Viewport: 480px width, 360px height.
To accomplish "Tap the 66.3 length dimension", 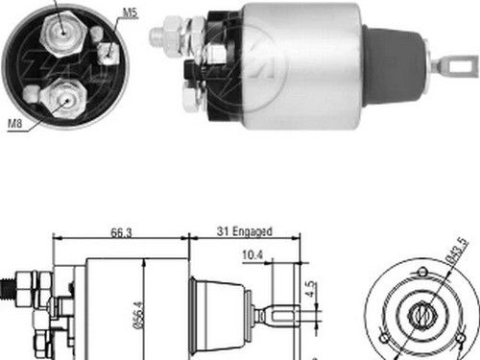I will point(120,231).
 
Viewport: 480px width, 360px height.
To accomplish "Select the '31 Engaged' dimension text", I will point(244,231).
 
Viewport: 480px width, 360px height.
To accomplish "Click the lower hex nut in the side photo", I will point(190,94).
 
